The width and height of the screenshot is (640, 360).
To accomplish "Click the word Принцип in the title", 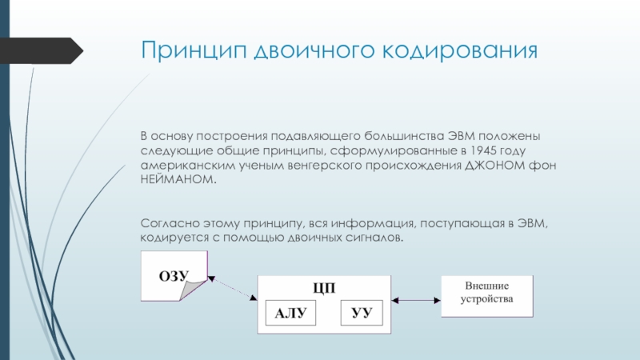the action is click(x=194, y=50).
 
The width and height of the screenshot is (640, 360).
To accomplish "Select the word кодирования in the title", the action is click(x=460, y=50).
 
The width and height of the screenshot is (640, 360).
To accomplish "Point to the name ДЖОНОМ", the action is click(x=494, y=166).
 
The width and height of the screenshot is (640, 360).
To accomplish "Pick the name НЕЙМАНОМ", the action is click(x=178, y=179).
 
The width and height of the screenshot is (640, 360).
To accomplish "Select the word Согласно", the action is click(x=170, y=223).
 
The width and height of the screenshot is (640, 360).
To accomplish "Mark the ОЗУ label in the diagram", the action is click(x=174, y=276).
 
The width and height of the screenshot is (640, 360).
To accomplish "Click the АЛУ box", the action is click(x=290, y=313).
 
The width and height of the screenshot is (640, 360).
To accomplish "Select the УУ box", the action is click(x=362, y=313).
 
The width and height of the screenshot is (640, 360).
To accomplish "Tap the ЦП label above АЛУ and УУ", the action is click(x=324, y=288).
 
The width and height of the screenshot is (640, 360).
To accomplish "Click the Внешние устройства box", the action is click(x=487, y=296).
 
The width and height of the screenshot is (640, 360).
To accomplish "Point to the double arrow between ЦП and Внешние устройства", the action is click(x=416, y=301).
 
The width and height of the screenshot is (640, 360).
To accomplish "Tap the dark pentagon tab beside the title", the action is click(x=42, y=50).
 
